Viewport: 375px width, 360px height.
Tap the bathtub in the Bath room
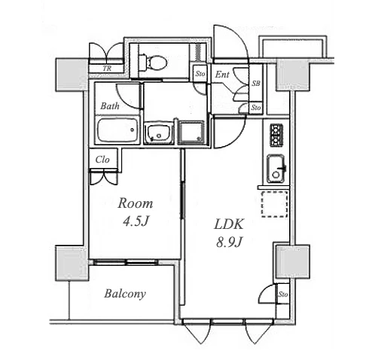click(x=118, y=130)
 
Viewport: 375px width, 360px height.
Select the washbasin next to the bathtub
click(x=159, y=133)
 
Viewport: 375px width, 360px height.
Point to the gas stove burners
click(x=276, y=136)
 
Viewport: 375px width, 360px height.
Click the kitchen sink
click(x=276, y=169)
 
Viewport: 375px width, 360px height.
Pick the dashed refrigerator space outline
click(x=274, y=204)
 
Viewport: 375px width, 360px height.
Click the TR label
click(x=107, y=69)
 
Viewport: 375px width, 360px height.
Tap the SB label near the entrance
click(x=256, y=83)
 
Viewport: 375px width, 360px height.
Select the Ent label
click(x=222, y=75)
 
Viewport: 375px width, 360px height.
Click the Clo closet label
click(x=102, y=160)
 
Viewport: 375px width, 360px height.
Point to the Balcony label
click(x=125, y=294)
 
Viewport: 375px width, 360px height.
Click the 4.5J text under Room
click(x=136, y=221)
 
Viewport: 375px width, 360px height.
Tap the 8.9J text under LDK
click(x=229, y=243)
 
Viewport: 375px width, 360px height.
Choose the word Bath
click(x=110, y=106)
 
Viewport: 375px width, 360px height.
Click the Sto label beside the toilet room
click(x=200, y=74)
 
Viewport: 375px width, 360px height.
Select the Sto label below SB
click(x=256, y=108)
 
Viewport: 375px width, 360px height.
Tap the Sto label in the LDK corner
click(x=283, y=294)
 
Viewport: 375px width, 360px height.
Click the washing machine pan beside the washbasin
click(x=191, y=133)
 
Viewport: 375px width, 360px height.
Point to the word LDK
click(x=229, y=224)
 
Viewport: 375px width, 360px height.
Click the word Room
click(x=136, y=203)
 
